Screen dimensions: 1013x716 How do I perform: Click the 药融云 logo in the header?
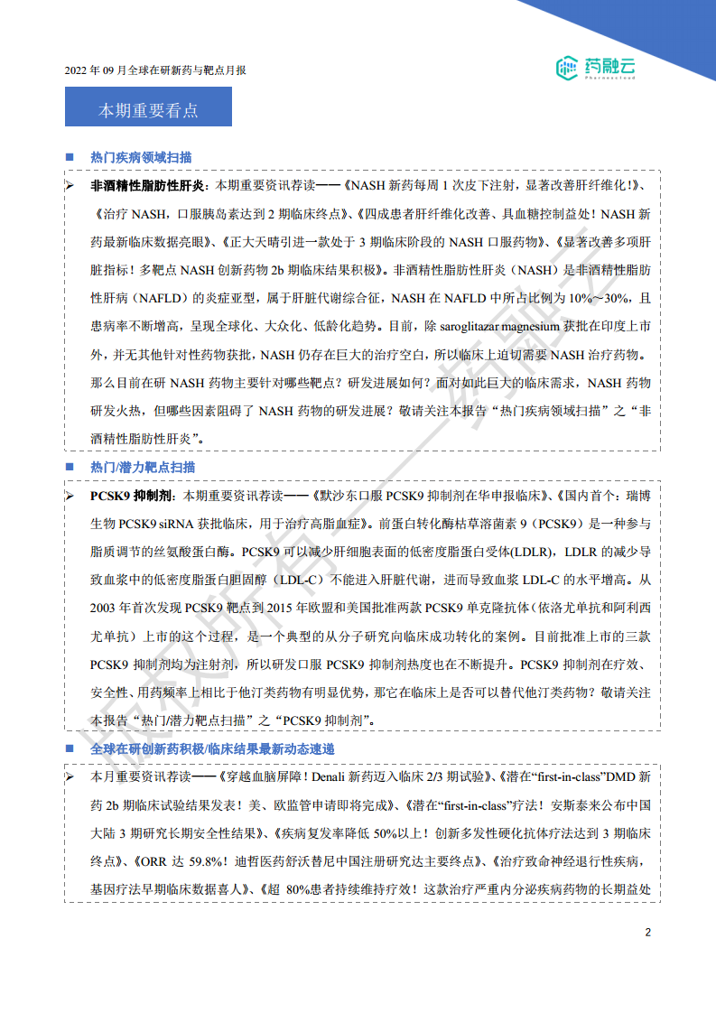point(595,66)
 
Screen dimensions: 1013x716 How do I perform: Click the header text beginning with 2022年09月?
point(155,70)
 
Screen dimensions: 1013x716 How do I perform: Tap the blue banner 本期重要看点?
point(148,110)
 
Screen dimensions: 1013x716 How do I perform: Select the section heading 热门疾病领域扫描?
point(141,157)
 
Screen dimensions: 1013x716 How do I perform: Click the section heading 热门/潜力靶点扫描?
point(143,467)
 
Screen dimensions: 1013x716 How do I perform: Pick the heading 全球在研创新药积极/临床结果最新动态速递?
point(212,750)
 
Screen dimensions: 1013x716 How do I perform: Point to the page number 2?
point(647,933)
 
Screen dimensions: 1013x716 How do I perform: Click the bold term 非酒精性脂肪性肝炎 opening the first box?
point(148,186)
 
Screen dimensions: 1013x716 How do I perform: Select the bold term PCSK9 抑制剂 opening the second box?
point(133,496)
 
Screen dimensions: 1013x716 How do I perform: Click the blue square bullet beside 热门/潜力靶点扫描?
point(70,467)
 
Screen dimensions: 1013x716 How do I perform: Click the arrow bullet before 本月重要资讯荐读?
point(70,776)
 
